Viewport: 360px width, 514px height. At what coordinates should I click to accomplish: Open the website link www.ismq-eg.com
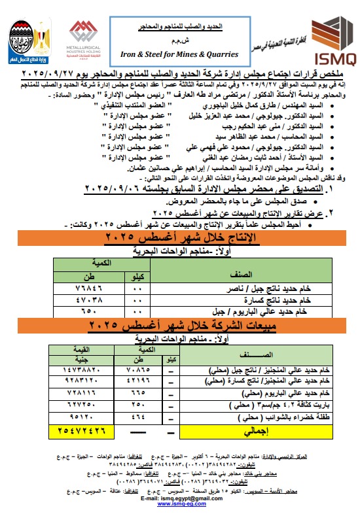[x=179, y=504]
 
